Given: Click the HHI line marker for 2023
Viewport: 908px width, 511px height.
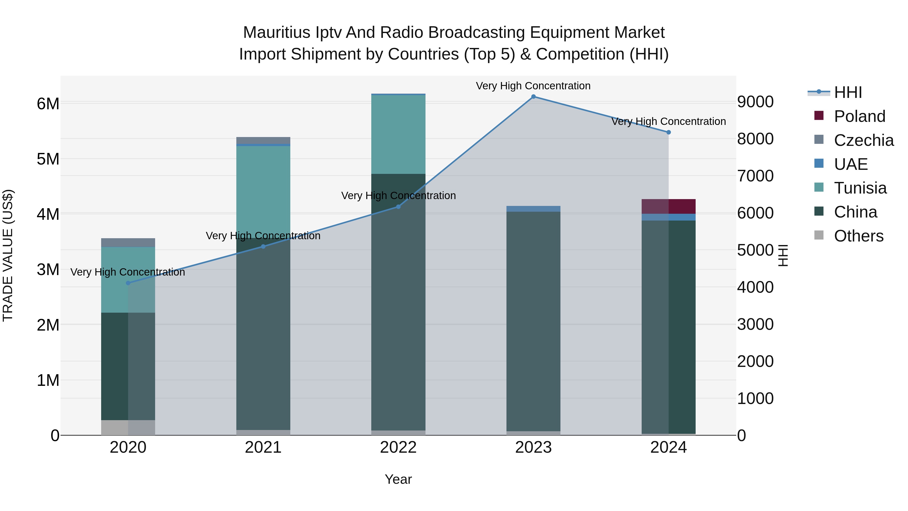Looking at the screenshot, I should [x=533, y=97].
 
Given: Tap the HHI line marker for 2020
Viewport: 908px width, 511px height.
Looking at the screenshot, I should [x=128, y=283].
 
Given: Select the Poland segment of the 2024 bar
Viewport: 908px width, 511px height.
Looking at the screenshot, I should [x=668, y=206].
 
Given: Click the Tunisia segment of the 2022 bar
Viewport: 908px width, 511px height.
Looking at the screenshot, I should [x=398, y=134].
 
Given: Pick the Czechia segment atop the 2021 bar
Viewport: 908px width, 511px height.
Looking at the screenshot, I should [x=263, y=140].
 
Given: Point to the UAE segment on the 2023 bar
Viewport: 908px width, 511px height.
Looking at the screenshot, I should [x=533, y=209].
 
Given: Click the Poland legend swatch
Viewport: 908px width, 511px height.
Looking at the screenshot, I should [x=819, y=116].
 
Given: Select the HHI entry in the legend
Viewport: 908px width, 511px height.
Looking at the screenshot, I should [x=848, y=92].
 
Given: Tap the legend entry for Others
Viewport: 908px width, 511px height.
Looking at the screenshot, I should [x=859, y=236].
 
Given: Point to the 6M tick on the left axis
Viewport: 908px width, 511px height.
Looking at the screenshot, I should [x=48, y=104].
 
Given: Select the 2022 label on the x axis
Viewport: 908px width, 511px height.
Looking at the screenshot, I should [x=398, y=447].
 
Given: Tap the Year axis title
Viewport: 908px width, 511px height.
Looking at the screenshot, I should [x=398, y=479].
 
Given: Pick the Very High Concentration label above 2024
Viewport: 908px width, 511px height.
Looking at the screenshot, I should [x=668, y=121].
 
